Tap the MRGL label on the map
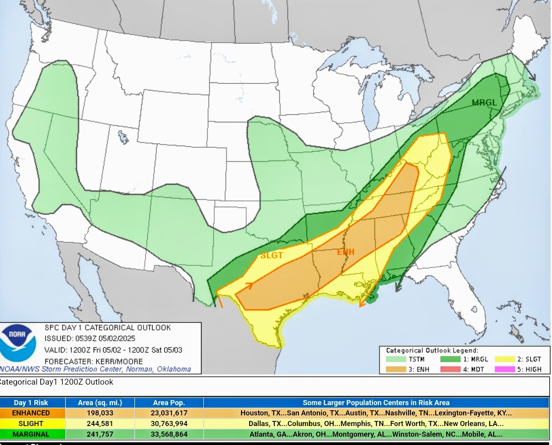point(484,103)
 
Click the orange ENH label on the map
point(346,252)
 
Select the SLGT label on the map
point(271,256)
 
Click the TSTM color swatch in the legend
point(396,359)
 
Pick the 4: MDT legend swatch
point(450,369)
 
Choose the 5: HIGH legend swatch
point(505,369)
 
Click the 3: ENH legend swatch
point(396,369)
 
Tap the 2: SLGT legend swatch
point(505,359)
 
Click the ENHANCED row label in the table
point(31,413)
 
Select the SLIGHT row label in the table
point(31,424)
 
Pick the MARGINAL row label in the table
point(31,434)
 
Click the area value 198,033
point(100,413)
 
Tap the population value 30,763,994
point(169,424)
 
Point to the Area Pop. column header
point(169,403)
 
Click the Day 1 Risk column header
point(31,403)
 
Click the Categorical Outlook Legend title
point(432,350)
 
